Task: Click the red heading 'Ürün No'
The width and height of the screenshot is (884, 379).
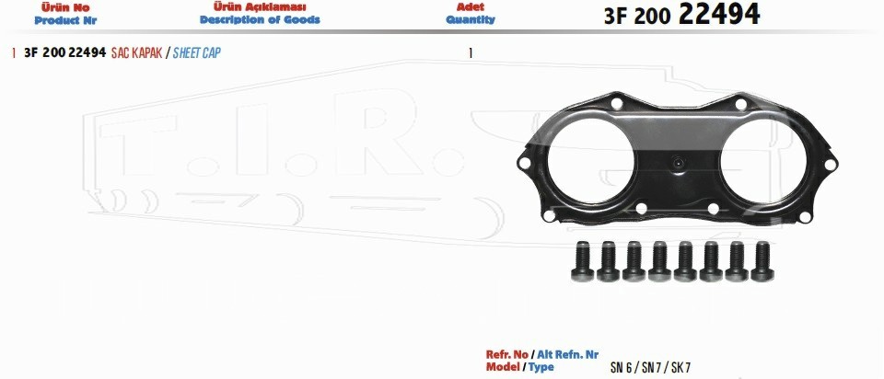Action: click(65, 8)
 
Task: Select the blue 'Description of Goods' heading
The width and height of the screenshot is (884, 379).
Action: click(260, 19)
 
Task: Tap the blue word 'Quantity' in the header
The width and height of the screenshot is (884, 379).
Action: click(471, 19)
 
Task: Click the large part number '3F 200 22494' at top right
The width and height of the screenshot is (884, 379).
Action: click(681, 15)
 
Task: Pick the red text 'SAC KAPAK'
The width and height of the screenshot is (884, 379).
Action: click(137, 53)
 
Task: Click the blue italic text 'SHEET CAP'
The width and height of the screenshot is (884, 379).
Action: click(197, 53)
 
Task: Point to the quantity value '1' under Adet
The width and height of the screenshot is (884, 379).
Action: click(471, 53)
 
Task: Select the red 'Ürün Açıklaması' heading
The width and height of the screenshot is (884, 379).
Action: click(260, 7)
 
